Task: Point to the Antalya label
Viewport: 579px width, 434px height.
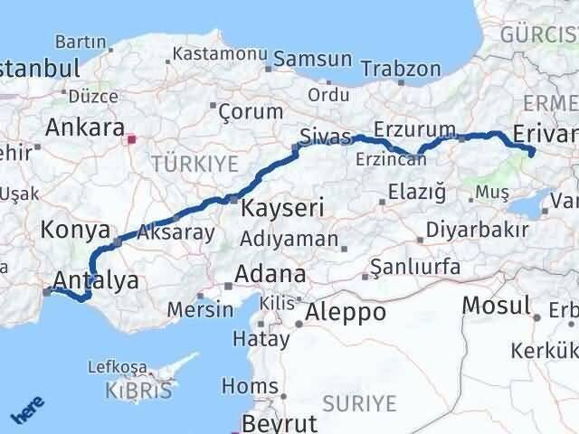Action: (96, 280)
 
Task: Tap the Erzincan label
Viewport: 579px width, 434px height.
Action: (392, 159)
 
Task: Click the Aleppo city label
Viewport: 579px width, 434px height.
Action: (346, 313)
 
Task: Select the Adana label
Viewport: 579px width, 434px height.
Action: (270, 274)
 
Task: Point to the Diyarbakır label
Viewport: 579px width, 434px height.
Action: (478, 230)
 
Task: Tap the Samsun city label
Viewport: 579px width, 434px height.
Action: (312, 59)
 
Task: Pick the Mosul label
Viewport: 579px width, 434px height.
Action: (496, 306)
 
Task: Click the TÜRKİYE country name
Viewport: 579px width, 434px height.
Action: (195, 164)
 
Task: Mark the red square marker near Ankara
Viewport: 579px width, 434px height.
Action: (132, 140)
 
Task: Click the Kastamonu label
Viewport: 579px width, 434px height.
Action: (215, 54)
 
